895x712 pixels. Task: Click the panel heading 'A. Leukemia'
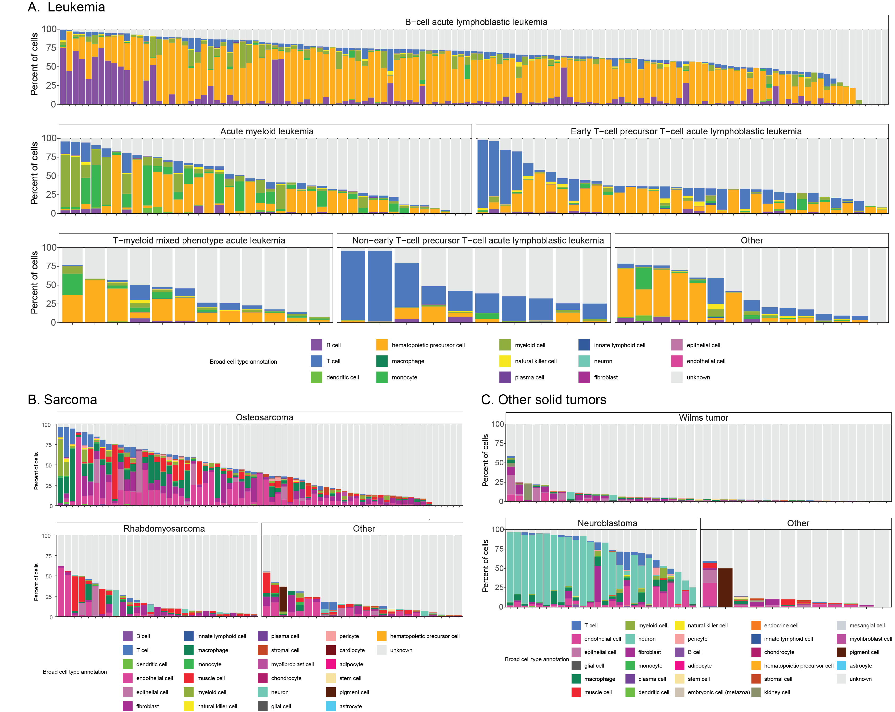pyautogui.click(x=66, y=7)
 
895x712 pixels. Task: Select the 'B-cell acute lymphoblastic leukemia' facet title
pyautogui.click(x=476, y=22)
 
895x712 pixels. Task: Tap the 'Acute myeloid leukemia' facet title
pyautogui.click(x=266, y=131)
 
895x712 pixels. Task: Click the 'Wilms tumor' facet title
pyautogui.click(x=703, y=417)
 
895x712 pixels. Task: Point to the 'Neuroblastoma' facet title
pyautogui.click(x=607, y=523)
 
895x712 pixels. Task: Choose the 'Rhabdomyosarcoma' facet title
pyautogui.click(x=164, y=528)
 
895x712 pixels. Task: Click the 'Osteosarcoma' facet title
pyautogui.click(x=264, y=417)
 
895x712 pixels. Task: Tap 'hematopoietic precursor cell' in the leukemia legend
pyautogui.click(x=428, y=345)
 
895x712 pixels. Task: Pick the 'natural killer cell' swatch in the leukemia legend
pyautogui.click(x=505, y=361)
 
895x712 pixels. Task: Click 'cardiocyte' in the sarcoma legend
pyautogui.click(x=352, y=650)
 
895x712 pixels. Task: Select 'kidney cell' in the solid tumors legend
pyautogui.click(x=777, y=692)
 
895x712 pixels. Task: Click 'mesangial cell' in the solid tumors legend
pyautogui.click(x=867, y=625)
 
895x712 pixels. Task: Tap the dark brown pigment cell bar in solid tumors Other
pyautogui.click(x=725, y=587)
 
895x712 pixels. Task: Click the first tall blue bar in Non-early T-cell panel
pyautogui.click(x=353, y=285)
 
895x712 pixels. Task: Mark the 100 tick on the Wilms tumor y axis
pyautogui.click(x=497, y=424)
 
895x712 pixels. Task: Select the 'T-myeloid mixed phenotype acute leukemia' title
pyautogui.click(x=199, y=240)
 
